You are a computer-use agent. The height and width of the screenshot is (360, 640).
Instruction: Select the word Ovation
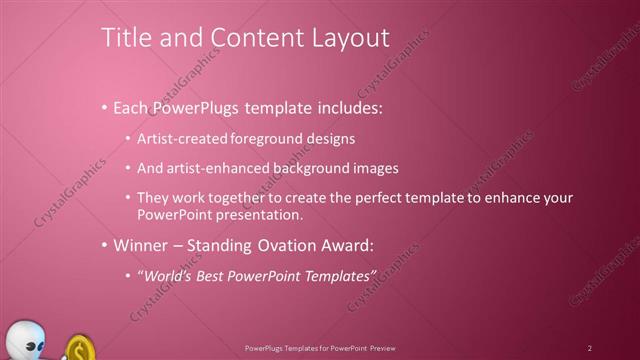click(274, 245)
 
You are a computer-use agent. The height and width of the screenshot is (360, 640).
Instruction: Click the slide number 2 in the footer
click(590, 348)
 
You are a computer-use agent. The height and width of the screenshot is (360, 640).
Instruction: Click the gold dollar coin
click(80, 349)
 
